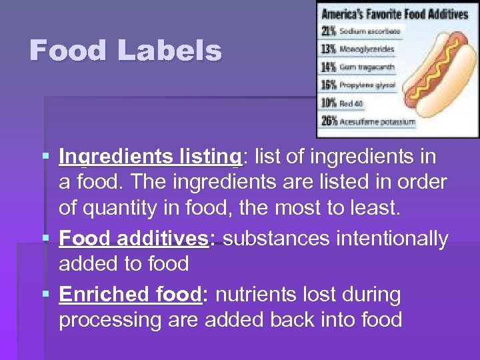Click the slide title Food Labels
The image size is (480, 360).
(125, 51)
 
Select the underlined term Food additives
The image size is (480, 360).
(133, 239)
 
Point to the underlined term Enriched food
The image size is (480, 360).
(130, 295)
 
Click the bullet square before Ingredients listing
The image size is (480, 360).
(45, 157)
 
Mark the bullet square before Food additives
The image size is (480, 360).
(45, 239)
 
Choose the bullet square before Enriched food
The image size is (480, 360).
(45, 295)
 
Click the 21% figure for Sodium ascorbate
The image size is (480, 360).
(329, 31)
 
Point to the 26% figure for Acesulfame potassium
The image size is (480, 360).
(329, 121)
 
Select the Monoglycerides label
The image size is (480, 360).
(367, 49)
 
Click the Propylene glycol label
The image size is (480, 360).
(367, 85)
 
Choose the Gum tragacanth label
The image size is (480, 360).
(367, 67)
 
